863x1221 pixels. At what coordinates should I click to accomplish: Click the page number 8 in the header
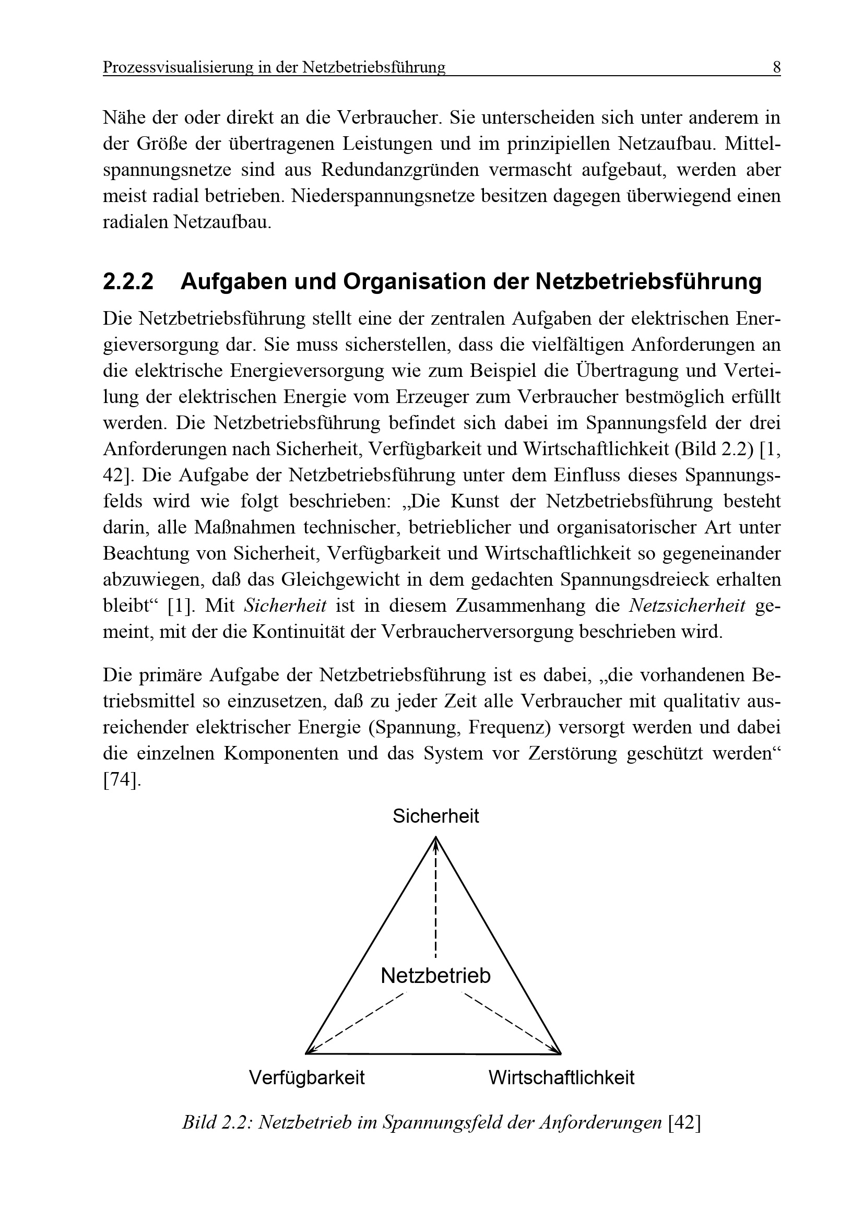pos(776,67)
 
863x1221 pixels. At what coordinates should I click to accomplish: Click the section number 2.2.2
pos(128,282)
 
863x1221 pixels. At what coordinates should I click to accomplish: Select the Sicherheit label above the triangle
pos(435,816)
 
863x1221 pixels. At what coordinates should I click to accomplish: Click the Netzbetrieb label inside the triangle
pos(435,975)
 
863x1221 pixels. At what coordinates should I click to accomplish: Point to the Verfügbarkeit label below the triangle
pos(307,1077)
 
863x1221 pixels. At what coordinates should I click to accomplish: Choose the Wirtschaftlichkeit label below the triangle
pos(562,1077)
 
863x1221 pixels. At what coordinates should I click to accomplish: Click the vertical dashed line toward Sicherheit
pos(435,904)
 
